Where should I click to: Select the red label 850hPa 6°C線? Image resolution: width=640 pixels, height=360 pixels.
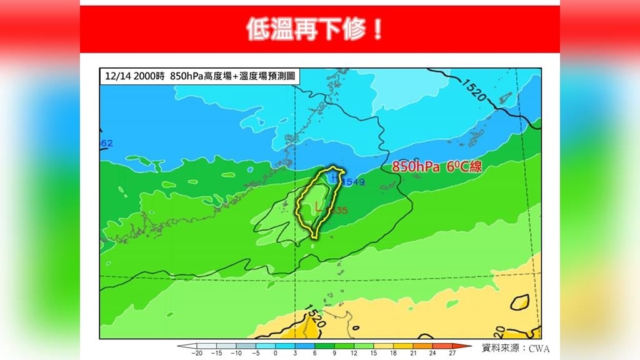coord(437,167)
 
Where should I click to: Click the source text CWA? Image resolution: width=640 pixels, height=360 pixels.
coord(539,349)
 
